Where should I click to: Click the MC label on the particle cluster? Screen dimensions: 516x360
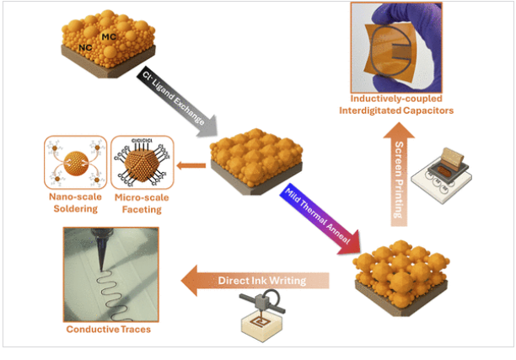tap(109, 36)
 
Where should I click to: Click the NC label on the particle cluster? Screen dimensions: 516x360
tap(85, 47)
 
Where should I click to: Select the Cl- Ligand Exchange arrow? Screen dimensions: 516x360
tap(177, 101)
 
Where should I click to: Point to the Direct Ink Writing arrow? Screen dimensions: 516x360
tap(255, 281)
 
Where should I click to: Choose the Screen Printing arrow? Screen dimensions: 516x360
tap(399, 174)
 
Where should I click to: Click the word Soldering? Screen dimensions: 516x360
tap(76, 208)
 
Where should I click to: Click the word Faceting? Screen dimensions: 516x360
tap(142, 209)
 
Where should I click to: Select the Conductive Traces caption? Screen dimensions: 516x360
tap(109, 329)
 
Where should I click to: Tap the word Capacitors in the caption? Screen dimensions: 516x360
tap(428, 110)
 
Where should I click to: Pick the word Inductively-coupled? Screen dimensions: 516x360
tap(396, 99)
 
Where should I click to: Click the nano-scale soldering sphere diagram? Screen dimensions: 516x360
tap(76, 163)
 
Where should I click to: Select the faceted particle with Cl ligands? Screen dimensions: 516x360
tap(142, 163)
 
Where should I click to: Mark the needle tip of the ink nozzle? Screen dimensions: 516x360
tap(100, 271)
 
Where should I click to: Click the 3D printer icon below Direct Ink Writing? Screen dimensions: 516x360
tap(262, 315)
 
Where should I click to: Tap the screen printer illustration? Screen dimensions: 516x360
tap(441, 175)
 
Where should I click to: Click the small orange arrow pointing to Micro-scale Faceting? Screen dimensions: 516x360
tap(191, 165)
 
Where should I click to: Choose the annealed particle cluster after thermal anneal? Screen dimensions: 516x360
tap(401, 278)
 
